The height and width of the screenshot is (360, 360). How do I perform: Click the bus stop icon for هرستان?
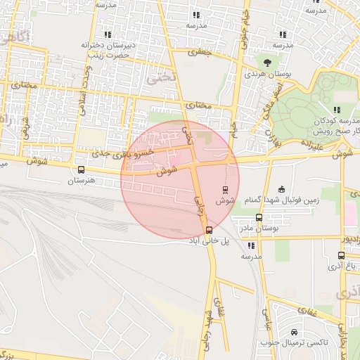82,169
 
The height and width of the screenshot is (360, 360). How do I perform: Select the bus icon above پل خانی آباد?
209,230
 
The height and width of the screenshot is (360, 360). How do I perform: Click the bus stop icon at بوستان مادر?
259,218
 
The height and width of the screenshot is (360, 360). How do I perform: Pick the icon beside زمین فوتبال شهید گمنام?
282,188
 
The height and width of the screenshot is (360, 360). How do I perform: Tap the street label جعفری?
201,51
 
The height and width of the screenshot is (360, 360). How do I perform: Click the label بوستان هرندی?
264,73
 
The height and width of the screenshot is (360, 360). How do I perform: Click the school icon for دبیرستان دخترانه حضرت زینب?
108,34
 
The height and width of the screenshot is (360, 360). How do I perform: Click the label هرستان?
81,181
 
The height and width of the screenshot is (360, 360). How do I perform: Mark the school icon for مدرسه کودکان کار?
337,109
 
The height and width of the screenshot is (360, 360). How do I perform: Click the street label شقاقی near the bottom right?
307,310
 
